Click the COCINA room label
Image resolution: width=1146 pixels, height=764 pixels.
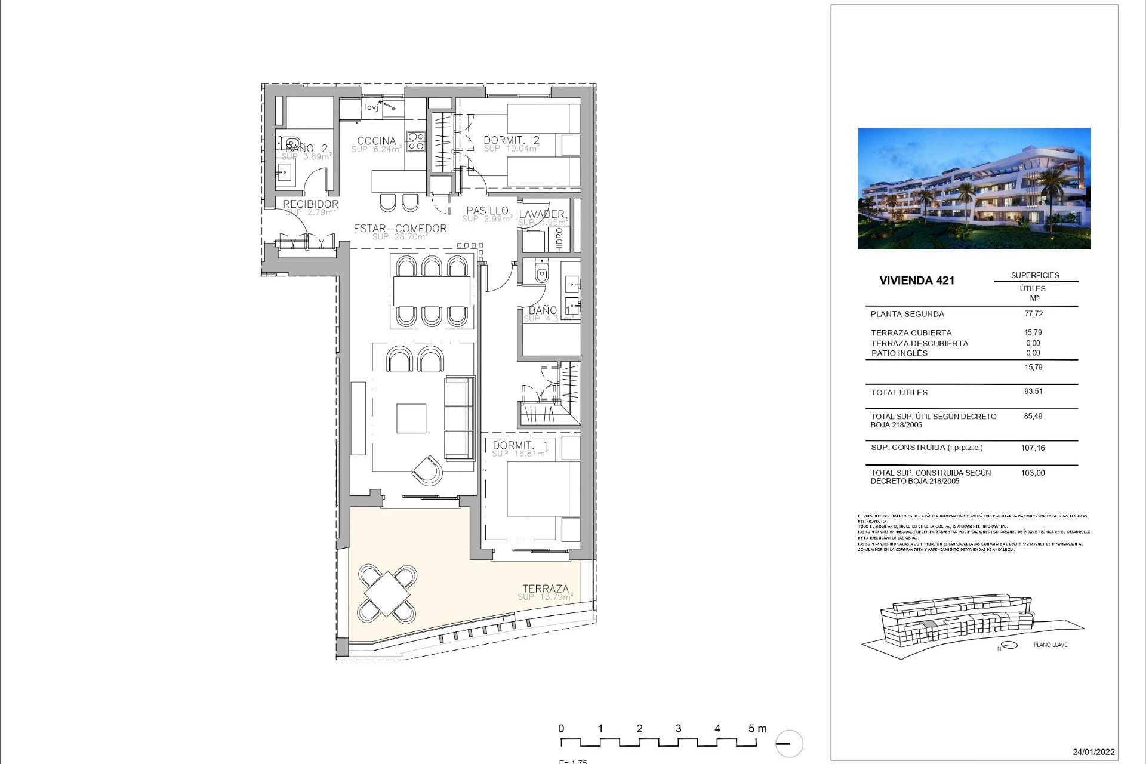point(376,141)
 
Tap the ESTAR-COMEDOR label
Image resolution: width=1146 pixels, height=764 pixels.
point(400,229)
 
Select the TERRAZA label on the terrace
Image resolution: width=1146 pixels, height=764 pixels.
point(546,589)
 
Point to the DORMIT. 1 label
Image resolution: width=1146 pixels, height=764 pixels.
point(520,445)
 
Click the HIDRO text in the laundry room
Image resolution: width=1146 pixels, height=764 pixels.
point(559,239)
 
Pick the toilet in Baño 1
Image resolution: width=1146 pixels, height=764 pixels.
point(541,273)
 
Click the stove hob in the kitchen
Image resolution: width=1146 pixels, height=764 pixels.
point(415,141)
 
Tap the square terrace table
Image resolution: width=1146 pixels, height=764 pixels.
point(387,593)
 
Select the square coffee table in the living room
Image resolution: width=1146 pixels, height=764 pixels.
point(411,418)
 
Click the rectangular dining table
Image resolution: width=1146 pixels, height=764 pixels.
point(432,292)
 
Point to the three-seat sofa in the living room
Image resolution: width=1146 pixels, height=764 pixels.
point(459,418)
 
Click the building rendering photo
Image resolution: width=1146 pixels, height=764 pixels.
point(974,188)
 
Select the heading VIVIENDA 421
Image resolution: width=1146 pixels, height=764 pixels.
point(916,281)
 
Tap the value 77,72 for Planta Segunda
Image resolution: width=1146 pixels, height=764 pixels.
point(1033,313)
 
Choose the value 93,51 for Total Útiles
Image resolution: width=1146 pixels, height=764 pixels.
point(1033,392)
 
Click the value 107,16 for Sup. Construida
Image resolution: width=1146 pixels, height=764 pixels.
point(1033,448)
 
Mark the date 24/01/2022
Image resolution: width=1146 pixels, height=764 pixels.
point(1093,751)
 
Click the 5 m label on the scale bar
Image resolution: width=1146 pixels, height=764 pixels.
point(757,728)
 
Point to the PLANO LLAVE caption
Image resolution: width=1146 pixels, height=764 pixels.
point(1050,645)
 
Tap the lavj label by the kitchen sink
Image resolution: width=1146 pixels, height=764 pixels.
point(371,107)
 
